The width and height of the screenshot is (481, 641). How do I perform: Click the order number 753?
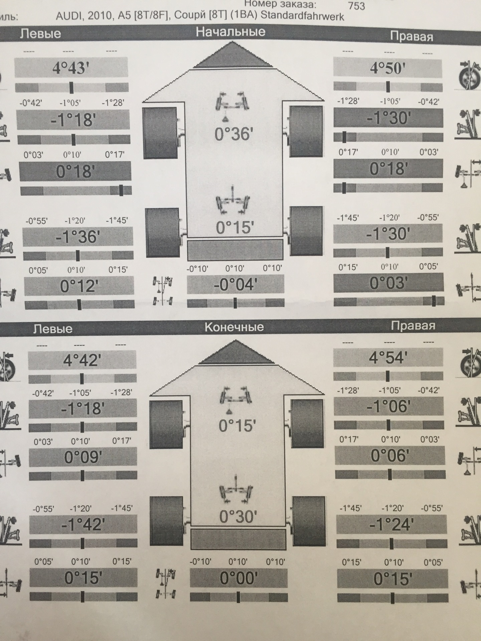tap(356, 6)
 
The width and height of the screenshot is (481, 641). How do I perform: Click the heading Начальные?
tap(230, 32)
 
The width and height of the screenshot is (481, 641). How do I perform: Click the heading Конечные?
tap(234, 327)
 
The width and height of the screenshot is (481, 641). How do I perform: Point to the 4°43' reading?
tap(71, 68)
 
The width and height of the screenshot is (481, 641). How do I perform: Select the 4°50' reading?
tap(387, 68)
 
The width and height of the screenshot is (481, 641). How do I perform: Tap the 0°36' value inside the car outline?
tap(233, 134)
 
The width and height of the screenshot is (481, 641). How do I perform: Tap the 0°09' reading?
tap(83, 457)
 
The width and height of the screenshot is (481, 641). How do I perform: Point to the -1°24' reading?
tap(391, 525)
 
